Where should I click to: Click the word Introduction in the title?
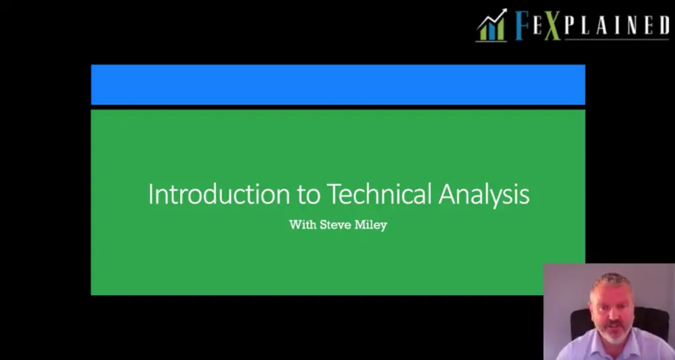[219, 195]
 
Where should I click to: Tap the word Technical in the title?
[379, 194]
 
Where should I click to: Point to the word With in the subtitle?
[303, 224]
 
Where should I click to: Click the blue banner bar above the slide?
[338, 84]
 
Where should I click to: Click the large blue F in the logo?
[522, 26]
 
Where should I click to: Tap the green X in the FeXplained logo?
[552, 26]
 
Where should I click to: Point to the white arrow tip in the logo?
[504, 11]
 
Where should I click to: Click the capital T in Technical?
[334, 195]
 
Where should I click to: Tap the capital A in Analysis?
[448, 195]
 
